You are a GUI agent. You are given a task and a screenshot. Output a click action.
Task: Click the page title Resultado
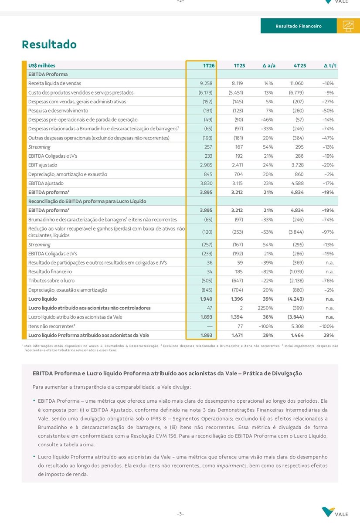pos(49,44)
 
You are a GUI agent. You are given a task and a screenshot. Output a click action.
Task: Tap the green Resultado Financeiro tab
pos(299,26)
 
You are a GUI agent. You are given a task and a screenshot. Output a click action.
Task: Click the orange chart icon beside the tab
pos(348,26)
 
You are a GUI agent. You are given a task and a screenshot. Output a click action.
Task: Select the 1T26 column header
pos(209,65)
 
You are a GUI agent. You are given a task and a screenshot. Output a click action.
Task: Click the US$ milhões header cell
pos(42,65)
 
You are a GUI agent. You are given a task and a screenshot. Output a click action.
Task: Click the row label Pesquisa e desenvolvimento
pos(58,111)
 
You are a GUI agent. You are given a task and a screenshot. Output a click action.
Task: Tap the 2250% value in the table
pos(265,308)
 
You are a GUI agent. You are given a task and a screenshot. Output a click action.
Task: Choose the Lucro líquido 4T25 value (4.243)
pos(297,299)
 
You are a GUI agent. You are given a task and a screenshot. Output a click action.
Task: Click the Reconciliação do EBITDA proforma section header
pos(87,201)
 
